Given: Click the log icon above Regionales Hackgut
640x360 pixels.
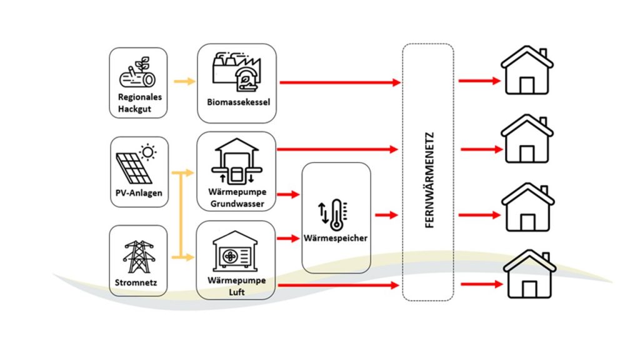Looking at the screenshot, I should click(136, 75).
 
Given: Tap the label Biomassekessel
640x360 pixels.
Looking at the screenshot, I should click(238, 102).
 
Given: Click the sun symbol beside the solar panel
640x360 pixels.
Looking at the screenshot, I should click(147, 151).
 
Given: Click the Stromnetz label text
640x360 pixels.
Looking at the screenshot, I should click(137, 285).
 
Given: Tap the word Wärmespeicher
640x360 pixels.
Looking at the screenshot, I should click(336, 238).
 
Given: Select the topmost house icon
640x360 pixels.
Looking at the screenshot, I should click(527, 71).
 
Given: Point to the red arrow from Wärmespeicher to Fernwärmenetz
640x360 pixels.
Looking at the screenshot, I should click(386, 215).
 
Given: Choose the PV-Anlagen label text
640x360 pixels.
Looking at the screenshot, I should click(139, 193).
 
